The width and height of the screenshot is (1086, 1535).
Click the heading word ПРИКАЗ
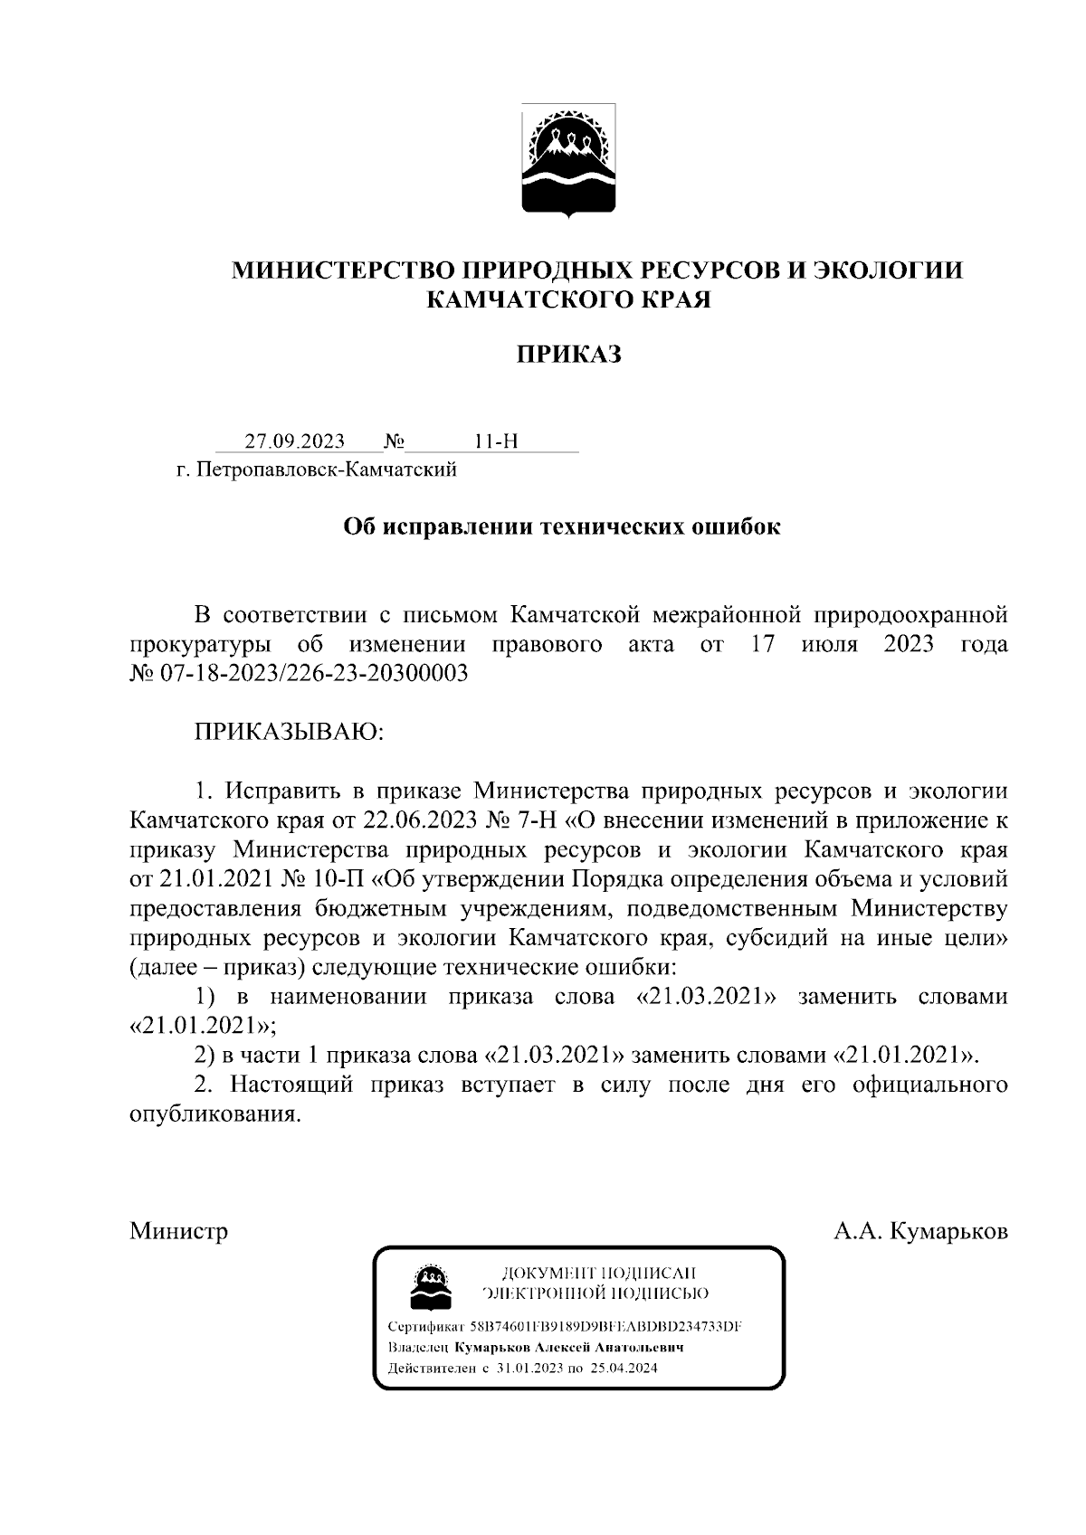pyautogui.click(x=568, y=355)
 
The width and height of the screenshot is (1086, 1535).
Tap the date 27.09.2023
pyautogui.click(x=294, y=441)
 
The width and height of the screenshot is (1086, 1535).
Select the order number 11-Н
pyautogui.click(x=496, y=441)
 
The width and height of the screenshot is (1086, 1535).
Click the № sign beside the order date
pyautogui.click(x=394, y=441)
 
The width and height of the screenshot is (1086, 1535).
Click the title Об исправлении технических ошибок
pyautogui.click(x=561, y=526)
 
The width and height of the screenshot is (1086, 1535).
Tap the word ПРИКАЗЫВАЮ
pyautogui.click(x=290, y=732)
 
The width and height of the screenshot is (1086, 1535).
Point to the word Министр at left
pyautogui.click(x=178, y=1231)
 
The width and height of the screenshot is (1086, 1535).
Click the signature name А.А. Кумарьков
pyautogui.click(x=920, y=1231)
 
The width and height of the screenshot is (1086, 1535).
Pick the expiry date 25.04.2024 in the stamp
pyautogui.click(x=624, y=1369)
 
